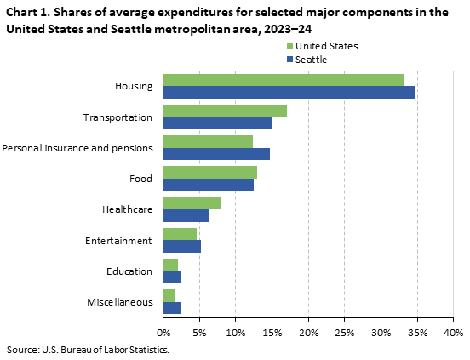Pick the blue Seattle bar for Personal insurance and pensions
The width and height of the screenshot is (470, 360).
tap(216, 153)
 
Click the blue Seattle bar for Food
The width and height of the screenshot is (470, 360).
tap(209, 185)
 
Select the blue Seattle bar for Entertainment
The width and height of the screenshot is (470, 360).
tap(182, 246)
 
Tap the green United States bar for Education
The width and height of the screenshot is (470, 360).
tap(170, 265)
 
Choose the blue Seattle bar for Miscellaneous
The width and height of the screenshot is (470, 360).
tap(172, 307)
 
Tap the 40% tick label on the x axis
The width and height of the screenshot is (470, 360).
tap(453, 332)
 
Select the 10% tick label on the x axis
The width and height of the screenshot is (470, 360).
tap(236, 332)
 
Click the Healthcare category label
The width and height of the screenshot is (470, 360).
tap(127, 209)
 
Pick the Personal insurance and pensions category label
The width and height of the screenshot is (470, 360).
tap(77, 148)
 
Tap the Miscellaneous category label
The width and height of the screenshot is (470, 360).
tap(120, 302)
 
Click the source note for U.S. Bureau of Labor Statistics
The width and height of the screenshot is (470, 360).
tap(88, 350)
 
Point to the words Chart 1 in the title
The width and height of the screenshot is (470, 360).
tap(26, 13)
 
